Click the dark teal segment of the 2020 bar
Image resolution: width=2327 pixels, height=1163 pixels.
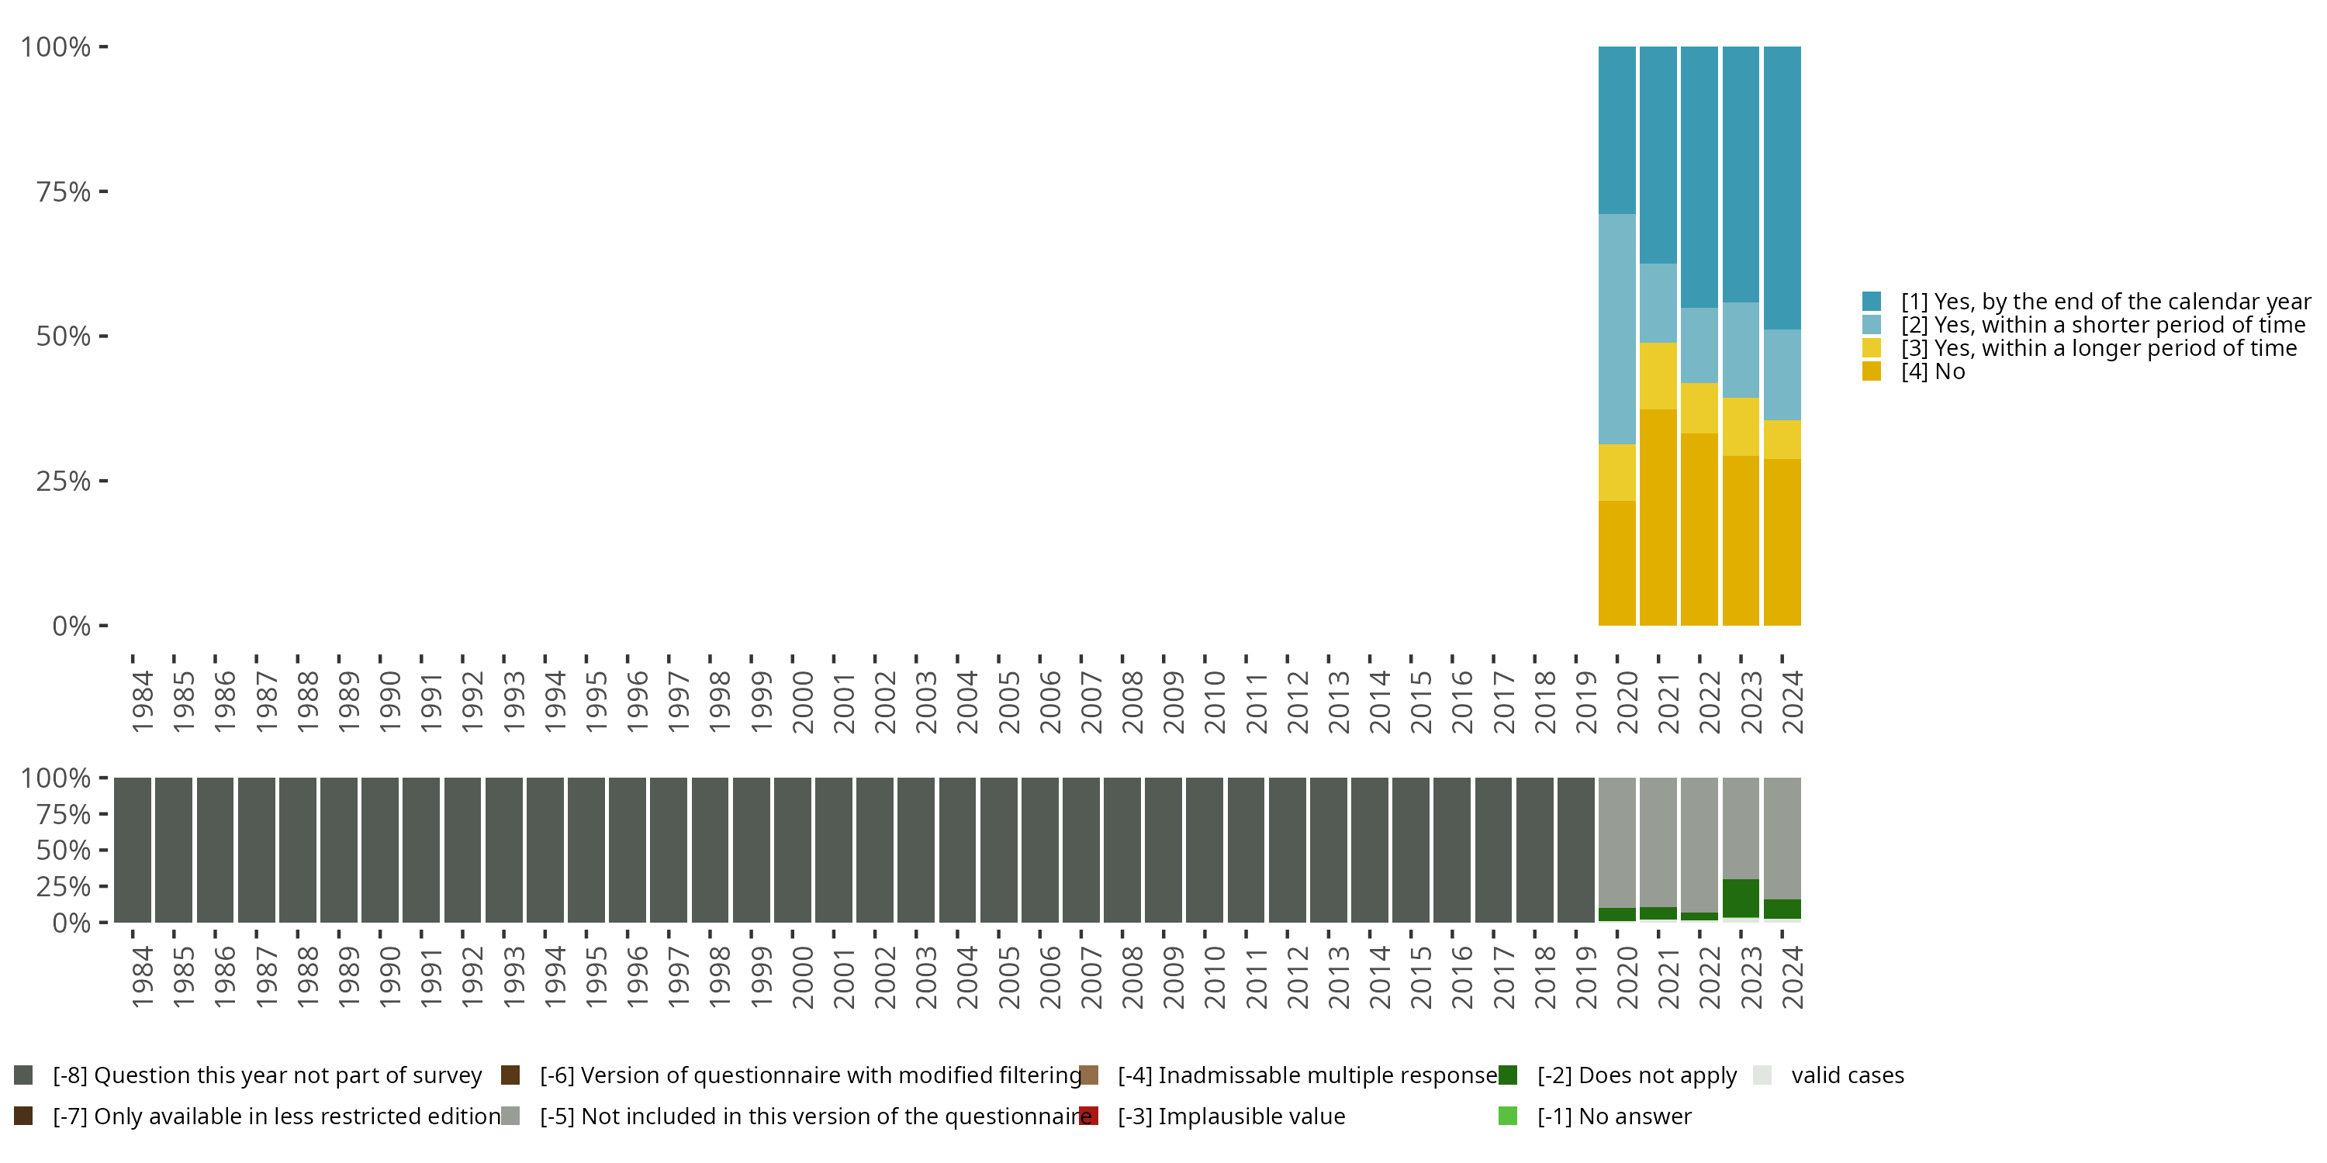click(x=1617, y=130)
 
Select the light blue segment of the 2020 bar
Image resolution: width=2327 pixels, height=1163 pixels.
click(x=1617, y=329)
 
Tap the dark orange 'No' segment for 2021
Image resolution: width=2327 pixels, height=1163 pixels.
click(x=1658, y=516)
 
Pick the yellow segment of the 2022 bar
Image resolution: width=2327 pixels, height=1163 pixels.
click(x=1699, y=408)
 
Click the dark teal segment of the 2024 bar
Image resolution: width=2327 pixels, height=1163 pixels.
click(x=1782, y=188)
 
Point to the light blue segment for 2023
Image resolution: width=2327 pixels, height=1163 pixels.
click(x=1741, y=350)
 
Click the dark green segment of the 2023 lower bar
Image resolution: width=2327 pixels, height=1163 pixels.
click(x=1741, y=898)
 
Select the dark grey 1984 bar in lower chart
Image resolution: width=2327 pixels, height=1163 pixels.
click(x=132, y=850)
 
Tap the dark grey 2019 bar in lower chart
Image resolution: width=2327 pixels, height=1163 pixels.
click(x=1575, y=850)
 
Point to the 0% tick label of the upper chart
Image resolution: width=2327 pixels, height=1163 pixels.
click(x=71, y=626)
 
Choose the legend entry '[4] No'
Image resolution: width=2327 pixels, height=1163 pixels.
click(x=1932, y=372)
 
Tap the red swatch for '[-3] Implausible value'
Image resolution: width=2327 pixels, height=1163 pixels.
click(x=1090, y=1116)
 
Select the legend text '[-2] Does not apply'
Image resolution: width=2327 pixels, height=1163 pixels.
click(x=1636, y=1075)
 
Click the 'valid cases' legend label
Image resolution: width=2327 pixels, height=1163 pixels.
click(x=1848, y=1075)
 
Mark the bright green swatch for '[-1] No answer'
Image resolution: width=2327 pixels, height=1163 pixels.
click(x=1508, y=1116)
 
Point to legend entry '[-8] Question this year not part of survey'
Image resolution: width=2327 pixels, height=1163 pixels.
click(x=267, y=1075)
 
